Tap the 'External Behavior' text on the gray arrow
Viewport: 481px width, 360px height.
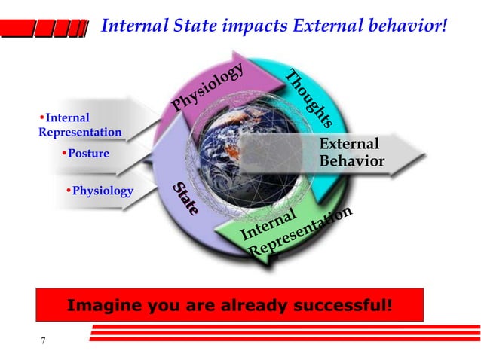click(x=351, y=153)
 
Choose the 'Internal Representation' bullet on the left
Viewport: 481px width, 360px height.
click(x=80, y=125)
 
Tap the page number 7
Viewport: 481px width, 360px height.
click(x=43, y=341)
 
